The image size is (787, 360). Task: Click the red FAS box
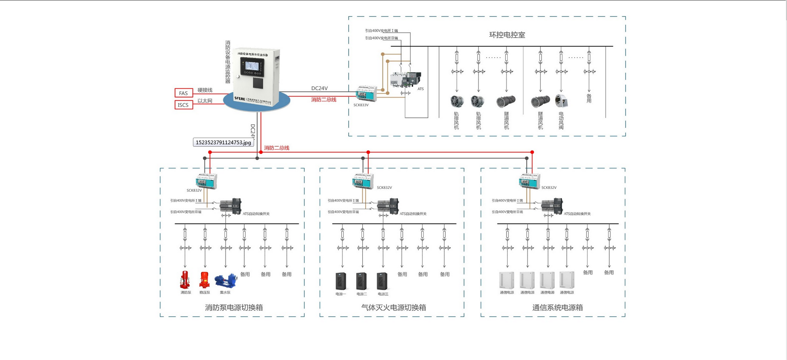point(183,93)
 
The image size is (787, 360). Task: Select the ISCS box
point(183,105)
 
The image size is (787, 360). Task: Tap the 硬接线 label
point(205,90)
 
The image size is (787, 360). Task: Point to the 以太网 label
point(205,101)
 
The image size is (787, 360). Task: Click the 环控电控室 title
point(507,35)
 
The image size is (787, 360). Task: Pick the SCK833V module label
point(361,105)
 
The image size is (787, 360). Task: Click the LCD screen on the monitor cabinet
point(252,66)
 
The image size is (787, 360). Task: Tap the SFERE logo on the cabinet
point(240,98)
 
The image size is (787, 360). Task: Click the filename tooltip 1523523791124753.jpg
point(223,143)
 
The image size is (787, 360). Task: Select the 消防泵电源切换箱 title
point(234,308)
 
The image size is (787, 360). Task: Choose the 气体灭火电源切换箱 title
point(394,308)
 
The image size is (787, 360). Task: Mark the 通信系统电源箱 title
point(557,308)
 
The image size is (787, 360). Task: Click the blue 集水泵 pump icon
point(226,281)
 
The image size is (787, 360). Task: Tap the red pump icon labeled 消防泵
point(185,280)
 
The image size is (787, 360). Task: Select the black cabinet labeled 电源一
point(341,281)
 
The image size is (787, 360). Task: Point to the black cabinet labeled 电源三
point(383,281)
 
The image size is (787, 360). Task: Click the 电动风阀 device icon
point(561,100)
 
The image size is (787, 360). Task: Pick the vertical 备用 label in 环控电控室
point(589,98)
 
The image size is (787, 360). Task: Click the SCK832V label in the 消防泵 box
point(194,191)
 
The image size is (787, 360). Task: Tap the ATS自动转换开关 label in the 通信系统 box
point(577,214)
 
